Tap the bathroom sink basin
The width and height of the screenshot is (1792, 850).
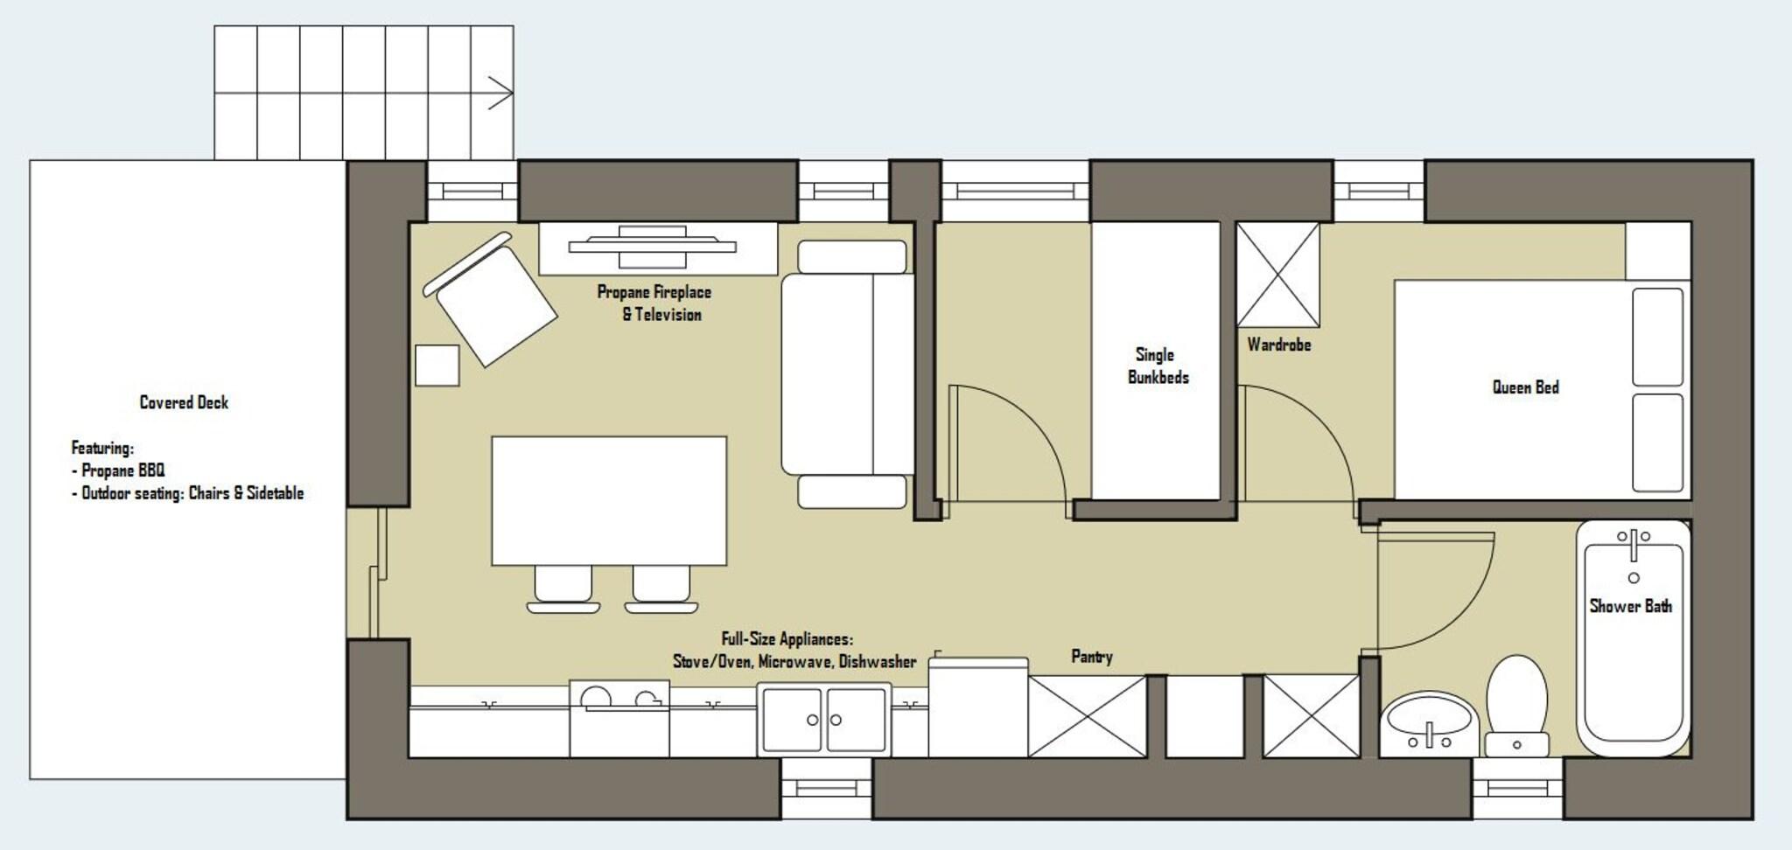[x=1429, y=723]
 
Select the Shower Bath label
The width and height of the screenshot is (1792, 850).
[x=1630, y=606]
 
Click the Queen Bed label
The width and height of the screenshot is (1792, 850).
[x=1525, y=387]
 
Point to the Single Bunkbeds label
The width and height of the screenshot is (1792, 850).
[x=1157, y=366]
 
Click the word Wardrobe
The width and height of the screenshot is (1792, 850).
[x=1278, y=345]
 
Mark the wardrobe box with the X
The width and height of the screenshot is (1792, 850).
[x=1277, y=275]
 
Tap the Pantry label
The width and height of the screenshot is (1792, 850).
[x=1091, y=657]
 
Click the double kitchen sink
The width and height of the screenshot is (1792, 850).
[x=824, y=719]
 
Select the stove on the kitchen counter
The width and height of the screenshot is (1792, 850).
[x=619, y=718]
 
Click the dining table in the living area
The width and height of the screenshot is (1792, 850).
[x=609, y=501]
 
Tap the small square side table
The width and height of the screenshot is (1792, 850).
[x=437, y=366]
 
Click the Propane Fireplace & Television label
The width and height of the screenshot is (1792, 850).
[x=654, y=303]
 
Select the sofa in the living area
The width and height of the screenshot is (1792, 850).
[x=847, y=374]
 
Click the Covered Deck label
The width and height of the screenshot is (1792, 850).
[x=184, y=402]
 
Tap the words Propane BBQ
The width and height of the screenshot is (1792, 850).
[x=122, y=470]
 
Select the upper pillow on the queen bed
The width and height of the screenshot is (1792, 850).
[x=1657, y=337]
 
